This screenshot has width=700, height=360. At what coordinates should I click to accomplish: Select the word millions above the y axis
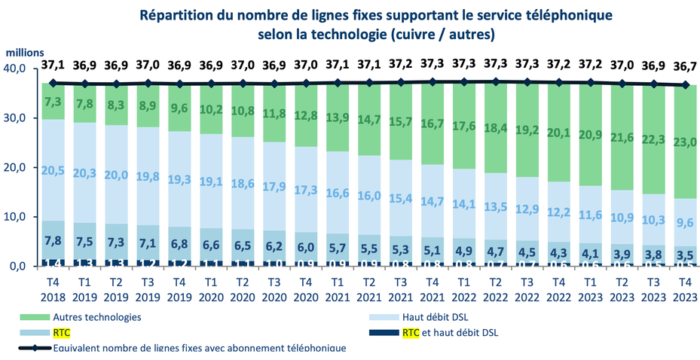click(x=27, y=53)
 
